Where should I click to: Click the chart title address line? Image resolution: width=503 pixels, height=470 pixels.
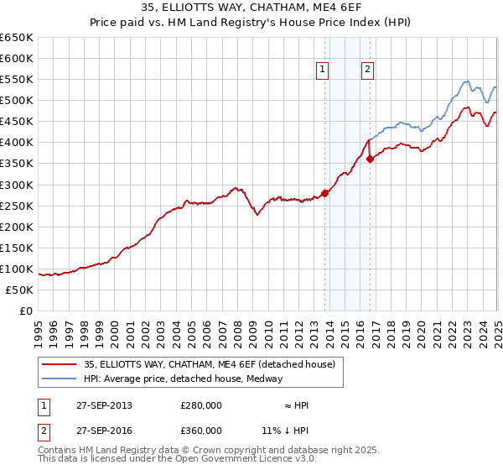point(251,8)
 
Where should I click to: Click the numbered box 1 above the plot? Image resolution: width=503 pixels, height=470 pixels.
point(323,70)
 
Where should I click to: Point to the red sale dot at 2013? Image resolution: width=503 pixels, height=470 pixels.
point(325,193)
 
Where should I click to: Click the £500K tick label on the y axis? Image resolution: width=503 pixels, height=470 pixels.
point(18,101)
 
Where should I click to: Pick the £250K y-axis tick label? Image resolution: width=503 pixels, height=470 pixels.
point(18,206)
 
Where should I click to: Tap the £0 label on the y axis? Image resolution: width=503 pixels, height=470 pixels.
point(25,311)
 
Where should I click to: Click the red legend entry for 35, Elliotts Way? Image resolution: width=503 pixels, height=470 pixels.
point(209,364)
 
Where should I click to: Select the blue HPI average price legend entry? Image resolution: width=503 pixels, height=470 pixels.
point(183,379)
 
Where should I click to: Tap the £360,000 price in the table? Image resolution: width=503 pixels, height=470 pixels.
point(201,430)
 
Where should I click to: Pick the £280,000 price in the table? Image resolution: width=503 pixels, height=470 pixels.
point(201,405)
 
